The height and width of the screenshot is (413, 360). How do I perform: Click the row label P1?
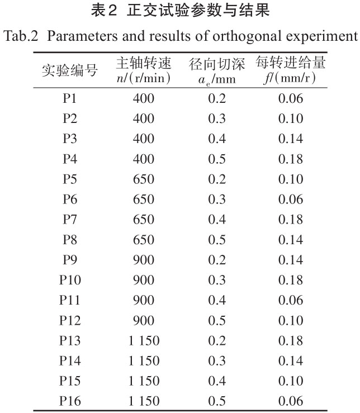click(70, 98)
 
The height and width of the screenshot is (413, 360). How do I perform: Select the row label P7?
click(70, 220)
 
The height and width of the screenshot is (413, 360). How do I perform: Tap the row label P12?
click(70, 320)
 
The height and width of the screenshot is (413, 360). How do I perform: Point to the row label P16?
click(70, 401)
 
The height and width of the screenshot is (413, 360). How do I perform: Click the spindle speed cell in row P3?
click(144, 139)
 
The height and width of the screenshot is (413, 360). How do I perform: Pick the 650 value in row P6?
click(144, 200)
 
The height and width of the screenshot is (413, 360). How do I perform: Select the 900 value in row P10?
click(144, 280)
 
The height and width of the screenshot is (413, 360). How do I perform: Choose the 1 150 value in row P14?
click(144, 360)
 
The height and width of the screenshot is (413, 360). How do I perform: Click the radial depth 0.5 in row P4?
click(217, 159)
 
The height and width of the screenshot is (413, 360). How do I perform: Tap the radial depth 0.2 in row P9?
click(217, 260)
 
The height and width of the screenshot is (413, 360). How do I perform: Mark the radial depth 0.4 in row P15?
click(217, 381)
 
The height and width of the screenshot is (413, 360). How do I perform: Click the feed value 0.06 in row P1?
click(291, 98)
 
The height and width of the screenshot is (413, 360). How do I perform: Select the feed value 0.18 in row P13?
click(291, 340)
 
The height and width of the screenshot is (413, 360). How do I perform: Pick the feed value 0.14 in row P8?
click(291, 240)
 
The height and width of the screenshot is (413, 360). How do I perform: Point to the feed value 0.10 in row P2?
click(291, 118)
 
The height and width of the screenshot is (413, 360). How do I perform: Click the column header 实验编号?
click(70, 70)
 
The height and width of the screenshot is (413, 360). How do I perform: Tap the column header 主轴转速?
click(144, 63)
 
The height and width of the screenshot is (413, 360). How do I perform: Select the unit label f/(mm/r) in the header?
click(291, 78)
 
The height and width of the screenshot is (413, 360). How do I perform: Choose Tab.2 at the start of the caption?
click(21, 36)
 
